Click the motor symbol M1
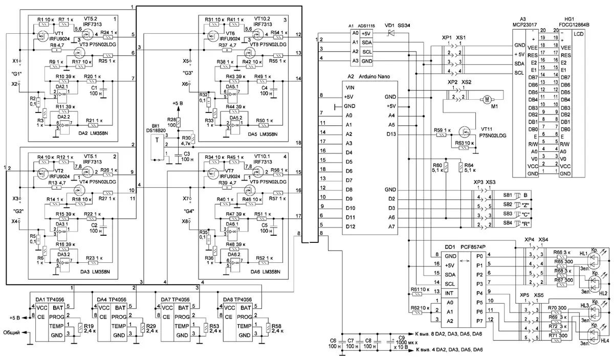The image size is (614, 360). click(487, 99)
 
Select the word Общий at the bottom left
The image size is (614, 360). click(12, 332)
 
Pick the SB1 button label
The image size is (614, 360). click(508, 194)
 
